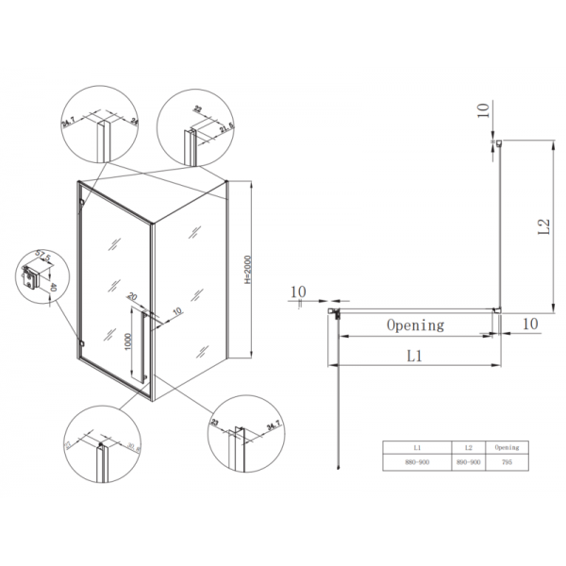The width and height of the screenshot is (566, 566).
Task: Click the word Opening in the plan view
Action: point(415,325)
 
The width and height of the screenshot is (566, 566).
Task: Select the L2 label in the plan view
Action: point(542,226)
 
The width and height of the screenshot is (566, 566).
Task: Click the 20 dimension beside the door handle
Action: point(131,295)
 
